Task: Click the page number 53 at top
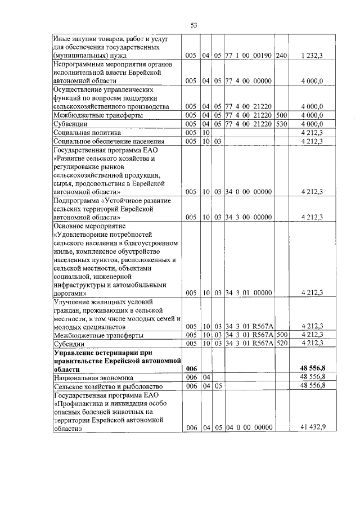pyautogui.click(x=193, y=25)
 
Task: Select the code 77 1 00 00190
pyautogui.click(x=249, y=56)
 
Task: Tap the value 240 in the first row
pyautogui.click(x=282, y=56)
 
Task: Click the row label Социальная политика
pyautogui.click(x=83, y=132)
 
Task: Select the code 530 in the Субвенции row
pyautogui.click(x=282, y=124)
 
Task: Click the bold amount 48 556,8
pyautogui.click(x=311, y=367)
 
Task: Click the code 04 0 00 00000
pyautogui.click(x=249, y=427)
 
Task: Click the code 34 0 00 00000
pyautogui.click(x=249, y=192)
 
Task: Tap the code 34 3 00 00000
pyautogui.click(x=249, y=217)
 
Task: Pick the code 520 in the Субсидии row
pyautogui.click(x=282, y=343)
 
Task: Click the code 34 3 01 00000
pyautogui.click(x=249, y=292)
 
